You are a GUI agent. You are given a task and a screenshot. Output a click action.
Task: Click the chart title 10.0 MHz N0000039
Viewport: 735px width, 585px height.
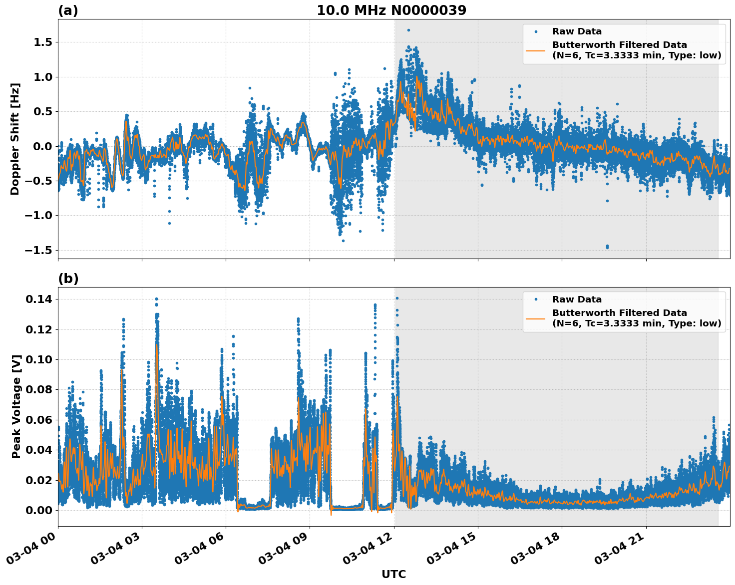point(391,10)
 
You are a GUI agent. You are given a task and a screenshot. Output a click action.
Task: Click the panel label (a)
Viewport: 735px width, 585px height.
point(68,10)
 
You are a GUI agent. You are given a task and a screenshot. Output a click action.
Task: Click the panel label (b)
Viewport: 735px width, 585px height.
point(68,279)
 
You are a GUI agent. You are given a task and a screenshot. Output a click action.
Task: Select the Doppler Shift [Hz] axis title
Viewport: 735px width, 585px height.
point(15,139)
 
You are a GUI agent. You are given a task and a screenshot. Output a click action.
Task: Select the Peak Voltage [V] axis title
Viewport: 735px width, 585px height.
point(16,406)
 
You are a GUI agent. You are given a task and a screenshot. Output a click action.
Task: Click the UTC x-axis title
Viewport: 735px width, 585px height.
point(393,574)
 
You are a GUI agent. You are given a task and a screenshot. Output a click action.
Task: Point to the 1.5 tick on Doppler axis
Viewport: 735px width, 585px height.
point(42,42)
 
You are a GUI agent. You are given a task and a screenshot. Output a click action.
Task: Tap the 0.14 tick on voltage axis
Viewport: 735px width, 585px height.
point(39,299)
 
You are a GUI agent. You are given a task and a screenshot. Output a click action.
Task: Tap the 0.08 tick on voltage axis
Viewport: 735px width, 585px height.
point(39,389)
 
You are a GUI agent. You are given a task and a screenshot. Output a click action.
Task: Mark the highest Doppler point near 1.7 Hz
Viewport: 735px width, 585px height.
point(408,30)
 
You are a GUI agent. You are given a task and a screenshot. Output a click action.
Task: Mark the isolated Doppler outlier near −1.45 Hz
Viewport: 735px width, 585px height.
point(607,247)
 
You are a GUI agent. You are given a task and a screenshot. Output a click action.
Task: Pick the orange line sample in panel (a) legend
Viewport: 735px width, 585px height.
point(535,50)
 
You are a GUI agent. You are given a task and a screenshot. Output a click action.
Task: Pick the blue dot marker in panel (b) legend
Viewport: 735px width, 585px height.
point(535,299)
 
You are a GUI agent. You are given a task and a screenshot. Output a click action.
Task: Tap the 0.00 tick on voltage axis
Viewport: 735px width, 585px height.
point(39,510)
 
